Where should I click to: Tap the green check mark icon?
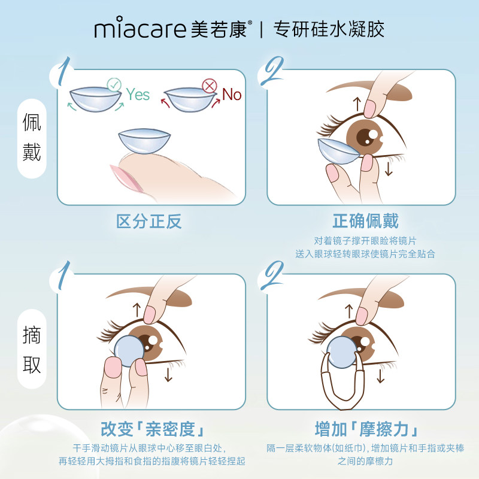tap(114, 85)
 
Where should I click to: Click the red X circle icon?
tap(210, 86)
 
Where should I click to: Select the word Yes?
tap(138, 94)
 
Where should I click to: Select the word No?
tap(232, 94)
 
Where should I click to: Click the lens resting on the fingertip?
tap(144, 143)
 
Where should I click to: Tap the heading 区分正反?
tap(148, 222)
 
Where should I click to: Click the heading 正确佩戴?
tap(365, 222)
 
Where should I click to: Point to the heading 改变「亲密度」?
tap(148, 430)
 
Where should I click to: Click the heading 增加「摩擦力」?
tap(365, 430)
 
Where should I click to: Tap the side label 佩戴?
tap(31, 139)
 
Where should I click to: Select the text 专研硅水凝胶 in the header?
tap(329, 29)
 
